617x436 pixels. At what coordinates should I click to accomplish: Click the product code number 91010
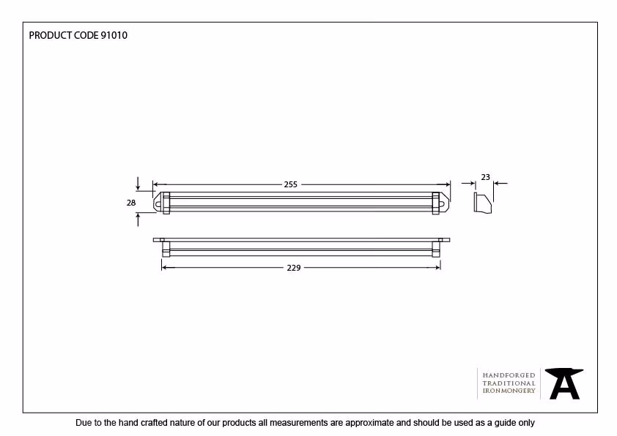114,35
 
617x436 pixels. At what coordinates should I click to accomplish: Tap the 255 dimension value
291,184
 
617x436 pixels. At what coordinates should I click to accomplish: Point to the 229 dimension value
294,268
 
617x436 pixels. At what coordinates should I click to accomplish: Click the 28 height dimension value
131,203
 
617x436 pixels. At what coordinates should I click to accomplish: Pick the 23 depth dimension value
486,177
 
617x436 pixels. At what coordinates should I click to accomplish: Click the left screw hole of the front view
158,204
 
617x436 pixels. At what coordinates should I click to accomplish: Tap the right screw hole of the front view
443,204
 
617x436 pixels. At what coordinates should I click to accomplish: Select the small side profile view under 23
483,203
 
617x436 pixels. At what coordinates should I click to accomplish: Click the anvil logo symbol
564,383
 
